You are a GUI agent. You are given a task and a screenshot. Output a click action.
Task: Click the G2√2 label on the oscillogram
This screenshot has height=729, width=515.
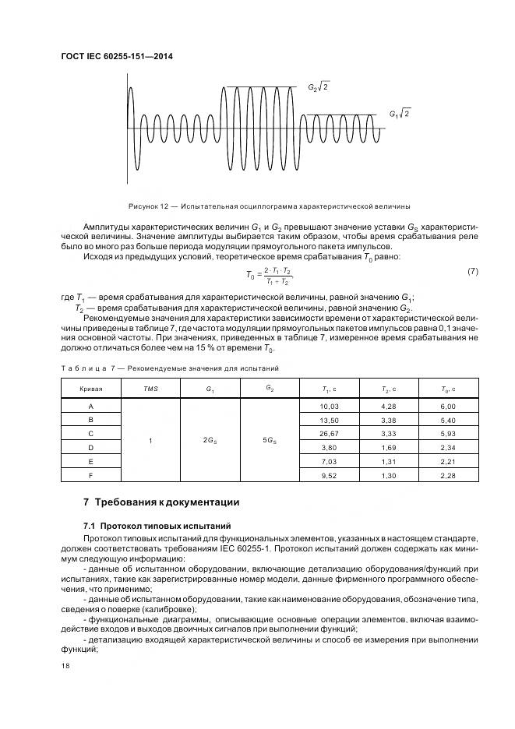(319, 87)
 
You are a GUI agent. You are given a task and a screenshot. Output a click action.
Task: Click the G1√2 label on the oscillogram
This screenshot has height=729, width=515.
(400, 114)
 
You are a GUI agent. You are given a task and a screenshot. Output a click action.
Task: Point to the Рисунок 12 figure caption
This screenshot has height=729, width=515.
(270, 206)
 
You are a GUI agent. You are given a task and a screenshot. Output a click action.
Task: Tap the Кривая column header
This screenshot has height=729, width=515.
(91, 388)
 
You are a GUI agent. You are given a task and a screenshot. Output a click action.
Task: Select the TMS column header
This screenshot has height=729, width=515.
(150, 388)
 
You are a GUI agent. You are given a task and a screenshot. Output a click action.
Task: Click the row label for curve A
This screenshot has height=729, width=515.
(91, 407)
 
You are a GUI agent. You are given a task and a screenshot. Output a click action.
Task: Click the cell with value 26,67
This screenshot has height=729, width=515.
(330, 433)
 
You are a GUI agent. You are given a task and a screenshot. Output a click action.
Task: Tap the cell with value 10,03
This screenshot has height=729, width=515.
(330, 407)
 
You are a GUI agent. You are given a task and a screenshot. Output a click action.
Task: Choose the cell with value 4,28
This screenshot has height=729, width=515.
(390, 407)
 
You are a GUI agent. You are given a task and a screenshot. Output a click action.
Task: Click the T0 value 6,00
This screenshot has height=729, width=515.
(448, 407)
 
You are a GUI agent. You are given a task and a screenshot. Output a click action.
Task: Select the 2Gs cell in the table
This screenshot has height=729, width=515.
(210, 440)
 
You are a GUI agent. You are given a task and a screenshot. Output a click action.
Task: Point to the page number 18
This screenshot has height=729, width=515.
(65, 666)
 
